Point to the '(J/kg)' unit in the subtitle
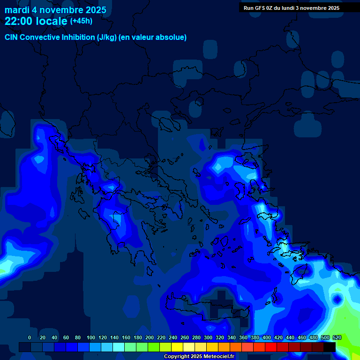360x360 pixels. [x=108, y=37]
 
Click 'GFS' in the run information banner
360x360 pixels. [x=262, y=8]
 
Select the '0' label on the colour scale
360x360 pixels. [x=30, y=337]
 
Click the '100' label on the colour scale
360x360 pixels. [x=91, y=337]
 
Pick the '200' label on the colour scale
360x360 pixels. [x=150, y=337]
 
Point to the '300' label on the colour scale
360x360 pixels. [x=208, y=337]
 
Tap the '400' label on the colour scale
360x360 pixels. [x=267, y=337]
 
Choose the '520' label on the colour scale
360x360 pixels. [x=337, y=337]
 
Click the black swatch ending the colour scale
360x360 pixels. [x=330, y=347]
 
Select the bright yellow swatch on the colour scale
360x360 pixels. [x=177, y=347]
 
